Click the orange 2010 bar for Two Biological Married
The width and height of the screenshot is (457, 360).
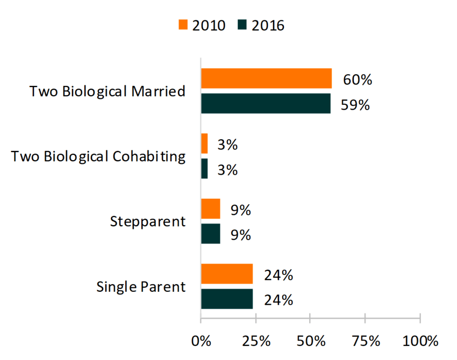(266, 78)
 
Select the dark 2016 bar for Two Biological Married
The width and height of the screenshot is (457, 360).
(266, 103)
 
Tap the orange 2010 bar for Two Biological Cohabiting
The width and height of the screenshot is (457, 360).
(204, 144)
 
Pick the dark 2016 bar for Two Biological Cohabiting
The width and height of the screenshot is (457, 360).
(204, 169)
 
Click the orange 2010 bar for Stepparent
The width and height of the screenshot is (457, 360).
(210, 209)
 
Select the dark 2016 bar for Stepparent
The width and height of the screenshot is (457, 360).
(210, 234)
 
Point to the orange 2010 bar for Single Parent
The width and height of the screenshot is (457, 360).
(227, 274)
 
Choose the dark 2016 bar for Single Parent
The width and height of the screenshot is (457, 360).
(227, 299)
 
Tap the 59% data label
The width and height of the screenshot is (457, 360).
(355, 104)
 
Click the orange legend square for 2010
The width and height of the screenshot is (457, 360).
(183, 25)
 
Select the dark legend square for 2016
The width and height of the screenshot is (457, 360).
(241, 25)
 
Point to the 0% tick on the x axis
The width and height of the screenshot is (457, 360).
(201, 341)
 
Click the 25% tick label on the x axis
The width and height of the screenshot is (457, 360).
(255, 341)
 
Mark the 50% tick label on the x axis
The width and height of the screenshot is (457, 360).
(310, 341)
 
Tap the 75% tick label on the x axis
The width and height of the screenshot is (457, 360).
(365, 341)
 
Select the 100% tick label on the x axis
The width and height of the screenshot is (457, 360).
(420, 341)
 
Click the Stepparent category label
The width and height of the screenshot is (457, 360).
(148, 221)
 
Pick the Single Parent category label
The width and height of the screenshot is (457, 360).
(141, 287)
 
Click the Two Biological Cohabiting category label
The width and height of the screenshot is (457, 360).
(98, 156)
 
